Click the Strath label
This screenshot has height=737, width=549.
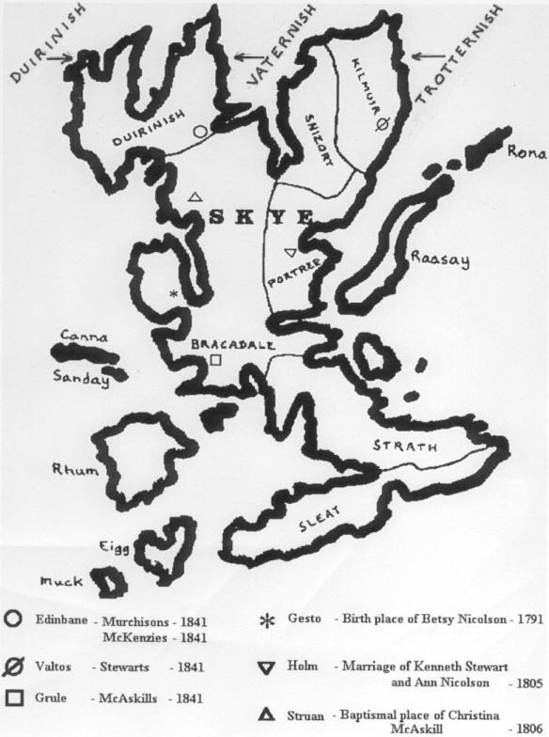point(397,446)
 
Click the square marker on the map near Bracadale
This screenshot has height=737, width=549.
point(215,360)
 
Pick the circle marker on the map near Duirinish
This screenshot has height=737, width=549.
point(199,133)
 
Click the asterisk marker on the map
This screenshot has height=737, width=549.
point(173,294)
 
